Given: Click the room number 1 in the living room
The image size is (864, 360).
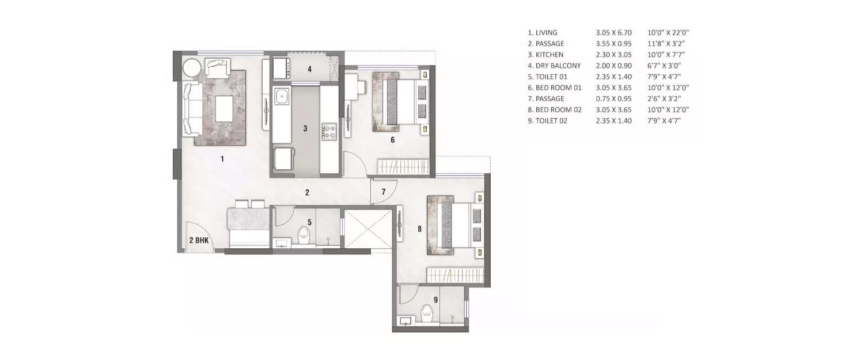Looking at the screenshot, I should pyautogui.click(x=222, y=159).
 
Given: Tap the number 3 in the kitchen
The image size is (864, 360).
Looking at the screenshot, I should pyautogui.click(x=306, y=128).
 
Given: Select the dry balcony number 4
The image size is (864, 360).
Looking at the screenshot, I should pyautogui.click(x=309, y=70).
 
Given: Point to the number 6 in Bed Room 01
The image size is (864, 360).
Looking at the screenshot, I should pyautogui.click(x=392, y=139).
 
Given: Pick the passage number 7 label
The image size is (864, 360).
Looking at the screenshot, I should pyautogui.click(x=383, y=192).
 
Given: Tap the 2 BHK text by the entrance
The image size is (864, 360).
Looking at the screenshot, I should pyautogui.click(x=198, y=241).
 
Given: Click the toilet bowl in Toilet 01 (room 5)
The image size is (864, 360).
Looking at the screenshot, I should pyautogui.click(x=304, y=234).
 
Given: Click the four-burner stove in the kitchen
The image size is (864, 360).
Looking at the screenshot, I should pyautogui.click(x=329, y=131).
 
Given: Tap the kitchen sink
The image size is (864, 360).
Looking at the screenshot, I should pyautogui.click(x=282, y=97).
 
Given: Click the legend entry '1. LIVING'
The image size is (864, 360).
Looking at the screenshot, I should pyautogui.click(x=542, y=33).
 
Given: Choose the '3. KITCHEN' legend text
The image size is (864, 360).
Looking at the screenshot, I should pyautogui.click(x=544, y=55).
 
